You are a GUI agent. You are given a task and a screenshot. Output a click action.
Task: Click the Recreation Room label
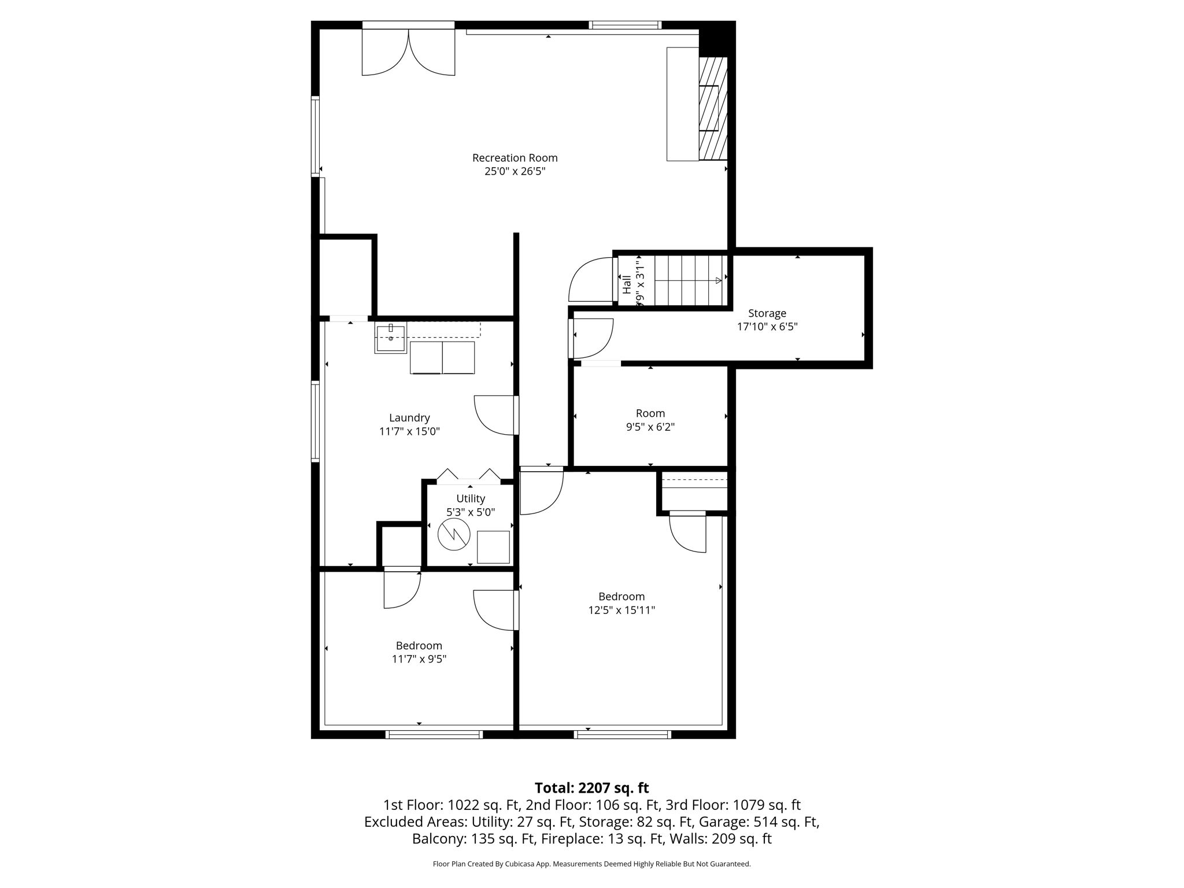coord(515,158)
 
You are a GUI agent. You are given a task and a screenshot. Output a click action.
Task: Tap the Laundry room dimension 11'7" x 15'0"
coord(409,431)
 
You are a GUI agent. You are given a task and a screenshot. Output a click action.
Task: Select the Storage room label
coord(767,313)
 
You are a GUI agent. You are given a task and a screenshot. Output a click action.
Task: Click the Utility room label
coord(471,498)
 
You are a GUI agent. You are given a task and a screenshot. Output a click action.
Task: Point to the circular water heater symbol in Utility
coord(454,535)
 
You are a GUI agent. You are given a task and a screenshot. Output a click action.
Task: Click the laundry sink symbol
coord(391,338)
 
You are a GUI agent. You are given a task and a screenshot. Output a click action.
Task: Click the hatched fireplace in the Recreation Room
coord(712,108)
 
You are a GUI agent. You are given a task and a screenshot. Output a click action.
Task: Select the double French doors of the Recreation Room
coord(408,52)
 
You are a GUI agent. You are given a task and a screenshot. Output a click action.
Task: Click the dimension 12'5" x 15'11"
coord(621,610)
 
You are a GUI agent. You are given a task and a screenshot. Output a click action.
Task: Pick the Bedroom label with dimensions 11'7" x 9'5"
coord(419,646)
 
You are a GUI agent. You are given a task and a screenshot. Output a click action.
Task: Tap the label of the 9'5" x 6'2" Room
coord(650,413)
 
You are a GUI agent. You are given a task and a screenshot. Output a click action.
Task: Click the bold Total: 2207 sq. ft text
coord(591,788)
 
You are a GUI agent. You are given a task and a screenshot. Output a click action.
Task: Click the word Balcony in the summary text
coord(439,839)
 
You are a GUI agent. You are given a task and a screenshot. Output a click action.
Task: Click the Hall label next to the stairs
coord(627,284)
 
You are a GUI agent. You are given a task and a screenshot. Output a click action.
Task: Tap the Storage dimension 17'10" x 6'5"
coord(767,327)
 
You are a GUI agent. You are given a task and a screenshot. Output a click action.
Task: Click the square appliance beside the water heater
coord(493,547)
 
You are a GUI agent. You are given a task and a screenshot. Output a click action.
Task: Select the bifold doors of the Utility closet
coord(468,476)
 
